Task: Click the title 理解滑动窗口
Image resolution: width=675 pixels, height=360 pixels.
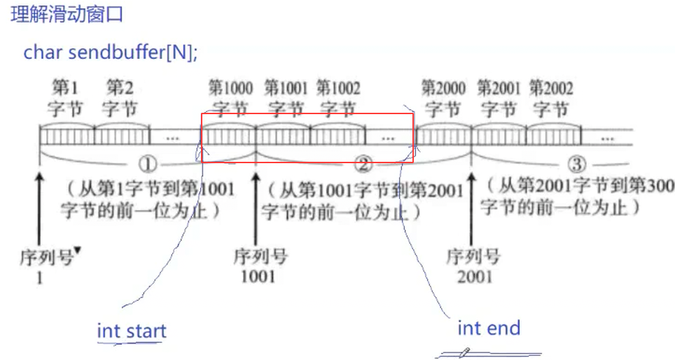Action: [67, 15]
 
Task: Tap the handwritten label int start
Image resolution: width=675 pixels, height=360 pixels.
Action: [132, 330]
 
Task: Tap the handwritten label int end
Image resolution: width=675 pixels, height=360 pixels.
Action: [489, 327]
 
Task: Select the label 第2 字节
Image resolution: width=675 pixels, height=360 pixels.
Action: [120, 98]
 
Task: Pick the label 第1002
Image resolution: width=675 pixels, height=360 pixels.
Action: [338, 89]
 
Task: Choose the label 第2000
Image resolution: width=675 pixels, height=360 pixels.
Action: [443, 89]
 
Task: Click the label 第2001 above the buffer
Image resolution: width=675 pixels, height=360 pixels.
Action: [499, 89]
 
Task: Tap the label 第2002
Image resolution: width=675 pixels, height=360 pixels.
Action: [551, 89]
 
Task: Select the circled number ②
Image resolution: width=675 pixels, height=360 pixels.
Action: [363, 165]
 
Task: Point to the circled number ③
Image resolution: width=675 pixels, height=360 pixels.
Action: [576, 165]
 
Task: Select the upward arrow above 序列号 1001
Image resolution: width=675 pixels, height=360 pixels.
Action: [256, 200]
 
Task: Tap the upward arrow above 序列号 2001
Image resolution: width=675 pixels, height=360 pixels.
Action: [471, 200]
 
